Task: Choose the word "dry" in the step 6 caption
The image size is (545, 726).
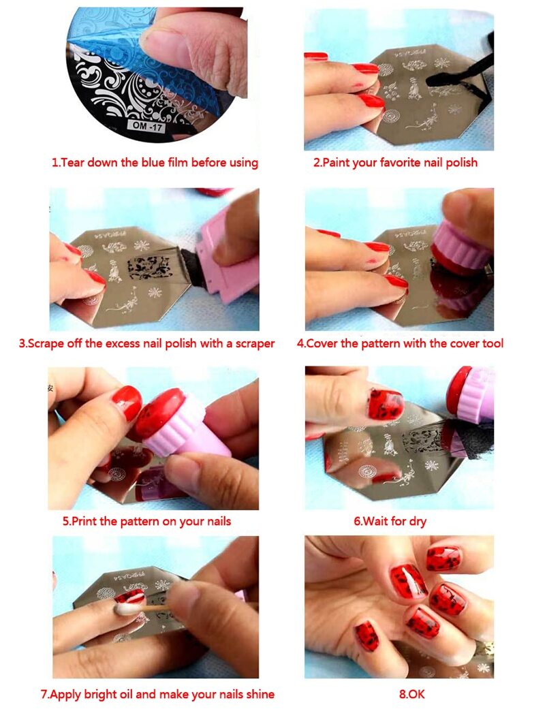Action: [x=418, y=522]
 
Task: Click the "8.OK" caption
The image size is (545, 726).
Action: [x=411, y=694]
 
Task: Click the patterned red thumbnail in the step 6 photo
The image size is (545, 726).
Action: [x=386, y=405]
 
